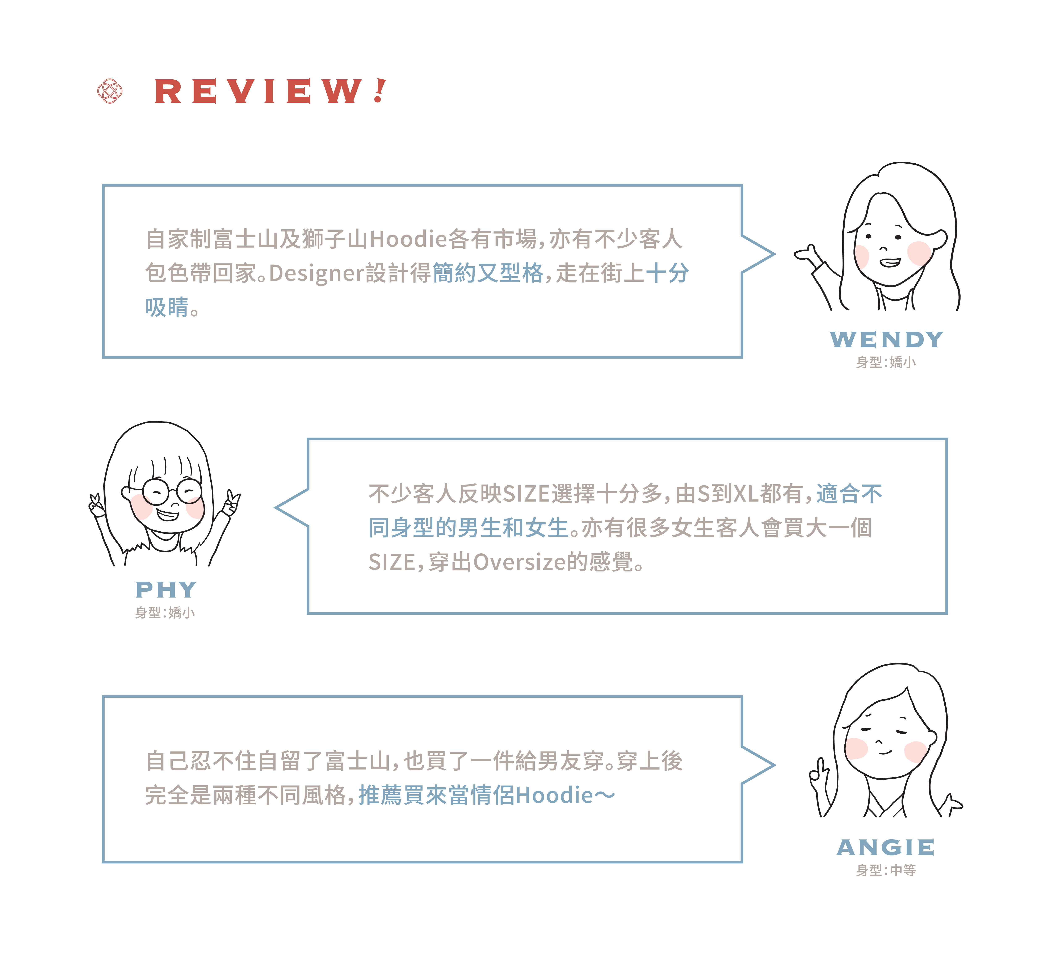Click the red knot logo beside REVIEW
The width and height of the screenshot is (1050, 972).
point(110,91)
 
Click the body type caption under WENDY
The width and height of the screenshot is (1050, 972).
point(886,362)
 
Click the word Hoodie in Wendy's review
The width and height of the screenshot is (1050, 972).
point(408,239)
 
